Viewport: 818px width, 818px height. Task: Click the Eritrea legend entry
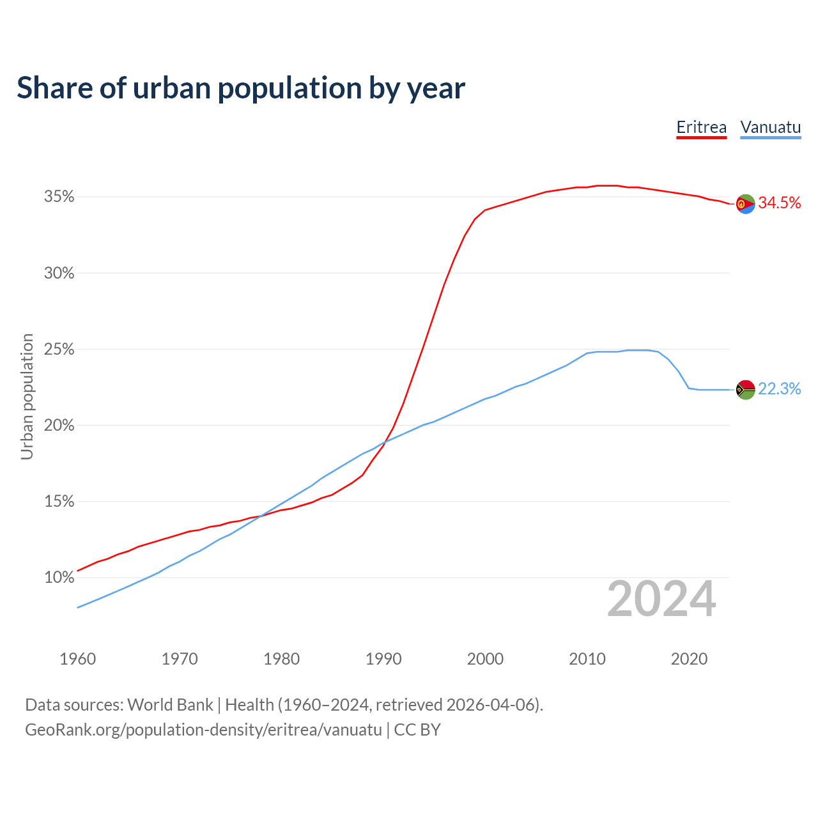[x=701, y=128]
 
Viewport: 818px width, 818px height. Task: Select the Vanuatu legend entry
[x=770, y=128]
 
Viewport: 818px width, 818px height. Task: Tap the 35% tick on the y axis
[x=59, y=197]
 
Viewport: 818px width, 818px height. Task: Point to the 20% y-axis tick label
[x=59, y=426]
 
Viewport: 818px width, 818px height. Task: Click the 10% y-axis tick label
[x=59, y=578]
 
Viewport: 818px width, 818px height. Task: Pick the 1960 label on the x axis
[x=78, y=659]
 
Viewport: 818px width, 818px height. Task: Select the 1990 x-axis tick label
[x=383, y=659]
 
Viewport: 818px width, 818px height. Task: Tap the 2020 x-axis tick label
[x=689, y=659]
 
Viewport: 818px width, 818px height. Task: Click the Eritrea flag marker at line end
[x=746, y=204]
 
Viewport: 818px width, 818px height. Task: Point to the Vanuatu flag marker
[x=746, y=389]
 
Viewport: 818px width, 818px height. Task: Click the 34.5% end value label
[x=780, y=203]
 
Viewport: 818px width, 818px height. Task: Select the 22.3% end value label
[x=780, y=389]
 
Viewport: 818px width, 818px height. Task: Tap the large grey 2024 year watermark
[x=661, y=599]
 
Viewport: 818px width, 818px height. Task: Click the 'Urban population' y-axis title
[x=27, y=396]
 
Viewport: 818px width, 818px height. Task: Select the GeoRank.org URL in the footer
[x=203, y=730]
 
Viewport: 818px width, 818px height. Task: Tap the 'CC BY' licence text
[x=417, y=730]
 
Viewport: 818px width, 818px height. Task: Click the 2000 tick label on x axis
[x=485, y=659]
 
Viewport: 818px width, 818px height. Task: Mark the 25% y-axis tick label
[x=59, y=350]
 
